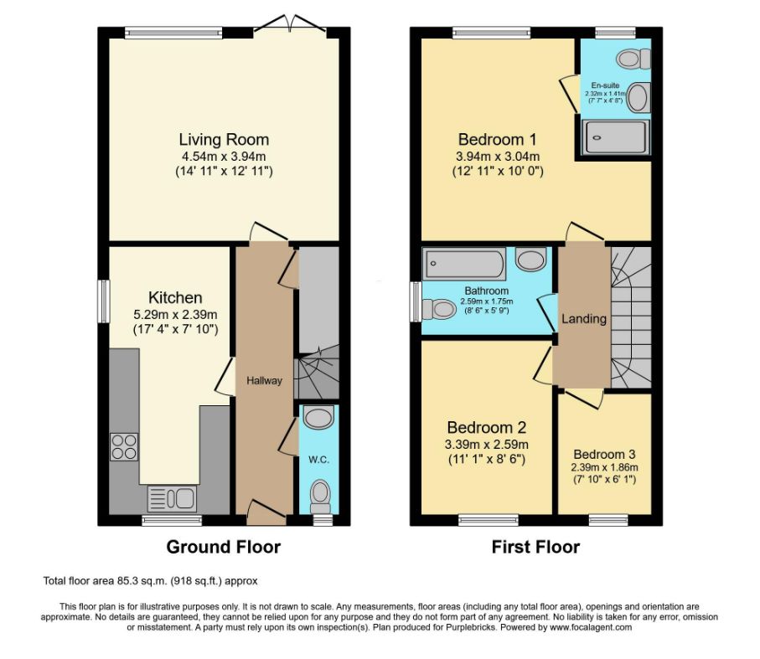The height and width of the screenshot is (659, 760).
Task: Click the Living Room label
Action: click(x=224, y=140)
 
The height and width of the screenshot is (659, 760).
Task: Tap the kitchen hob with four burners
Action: click(x=124, y=447)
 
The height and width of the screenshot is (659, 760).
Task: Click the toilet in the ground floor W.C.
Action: click(x=319, y=497)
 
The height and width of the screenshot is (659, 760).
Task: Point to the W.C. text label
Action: click(x=319, y=460)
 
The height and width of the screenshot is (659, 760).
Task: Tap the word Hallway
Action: click(x=264, y=381)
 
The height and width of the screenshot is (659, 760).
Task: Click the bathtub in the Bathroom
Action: click(x=464, y=264)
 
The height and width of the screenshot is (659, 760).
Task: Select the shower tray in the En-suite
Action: click(x=615, y=137)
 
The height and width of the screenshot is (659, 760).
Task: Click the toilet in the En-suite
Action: click(x=633, y=59)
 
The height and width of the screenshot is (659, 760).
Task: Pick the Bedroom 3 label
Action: click(x=604, y=454)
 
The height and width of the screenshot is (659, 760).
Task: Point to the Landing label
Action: click(x=584, y=318)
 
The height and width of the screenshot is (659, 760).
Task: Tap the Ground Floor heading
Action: click(x=224, y=547)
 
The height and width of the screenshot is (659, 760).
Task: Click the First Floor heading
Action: click(x=535, y=547)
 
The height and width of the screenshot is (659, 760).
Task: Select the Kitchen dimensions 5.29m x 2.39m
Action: click(x=175, y=315)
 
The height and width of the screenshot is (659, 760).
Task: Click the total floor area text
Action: click(x=150, y=580)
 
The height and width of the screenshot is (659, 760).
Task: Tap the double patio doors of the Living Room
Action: click(x=290, y=26)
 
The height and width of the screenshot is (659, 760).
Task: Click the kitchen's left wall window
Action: click(x=103, y=301)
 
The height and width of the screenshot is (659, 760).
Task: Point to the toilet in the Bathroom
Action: click(x=438, y=309)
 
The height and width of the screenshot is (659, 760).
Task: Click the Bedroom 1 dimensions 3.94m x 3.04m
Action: click(x=498, y=157)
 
